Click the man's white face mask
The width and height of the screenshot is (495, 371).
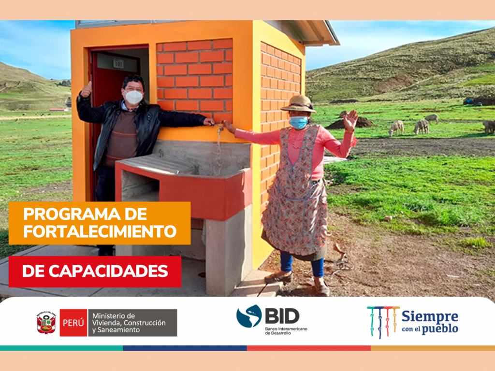tap(133, 97)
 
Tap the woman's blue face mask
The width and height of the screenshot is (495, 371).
tap(298, 122)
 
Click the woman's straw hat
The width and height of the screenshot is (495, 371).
tap(299, 104)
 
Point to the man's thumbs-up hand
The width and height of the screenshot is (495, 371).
tap(86, 89)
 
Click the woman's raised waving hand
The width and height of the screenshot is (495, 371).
tap(351, 120)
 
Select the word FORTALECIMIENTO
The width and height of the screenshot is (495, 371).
tap(100, 231)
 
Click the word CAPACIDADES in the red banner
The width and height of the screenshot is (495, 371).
tap(108, 271)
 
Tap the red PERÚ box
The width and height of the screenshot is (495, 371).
tap(73, 323)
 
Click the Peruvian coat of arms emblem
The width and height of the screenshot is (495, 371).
tap(46, 323)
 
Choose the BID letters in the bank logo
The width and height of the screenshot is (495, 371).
tap(282, 316)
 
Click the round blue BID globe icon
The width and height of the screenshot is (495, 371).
tap(249, 316)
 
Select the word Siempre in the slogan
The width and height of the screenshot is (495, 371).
tap(430, 316)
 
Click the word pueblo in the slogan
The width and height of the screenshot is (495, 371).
tap(440, 329)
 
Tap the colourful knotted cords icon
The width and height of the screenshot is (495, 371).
tap(383, 322)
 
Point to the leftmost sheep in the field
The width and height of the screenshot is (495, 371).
tap(396, 128)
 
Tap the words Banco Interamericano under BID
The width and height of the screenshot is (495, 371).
tap(286, 329)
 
